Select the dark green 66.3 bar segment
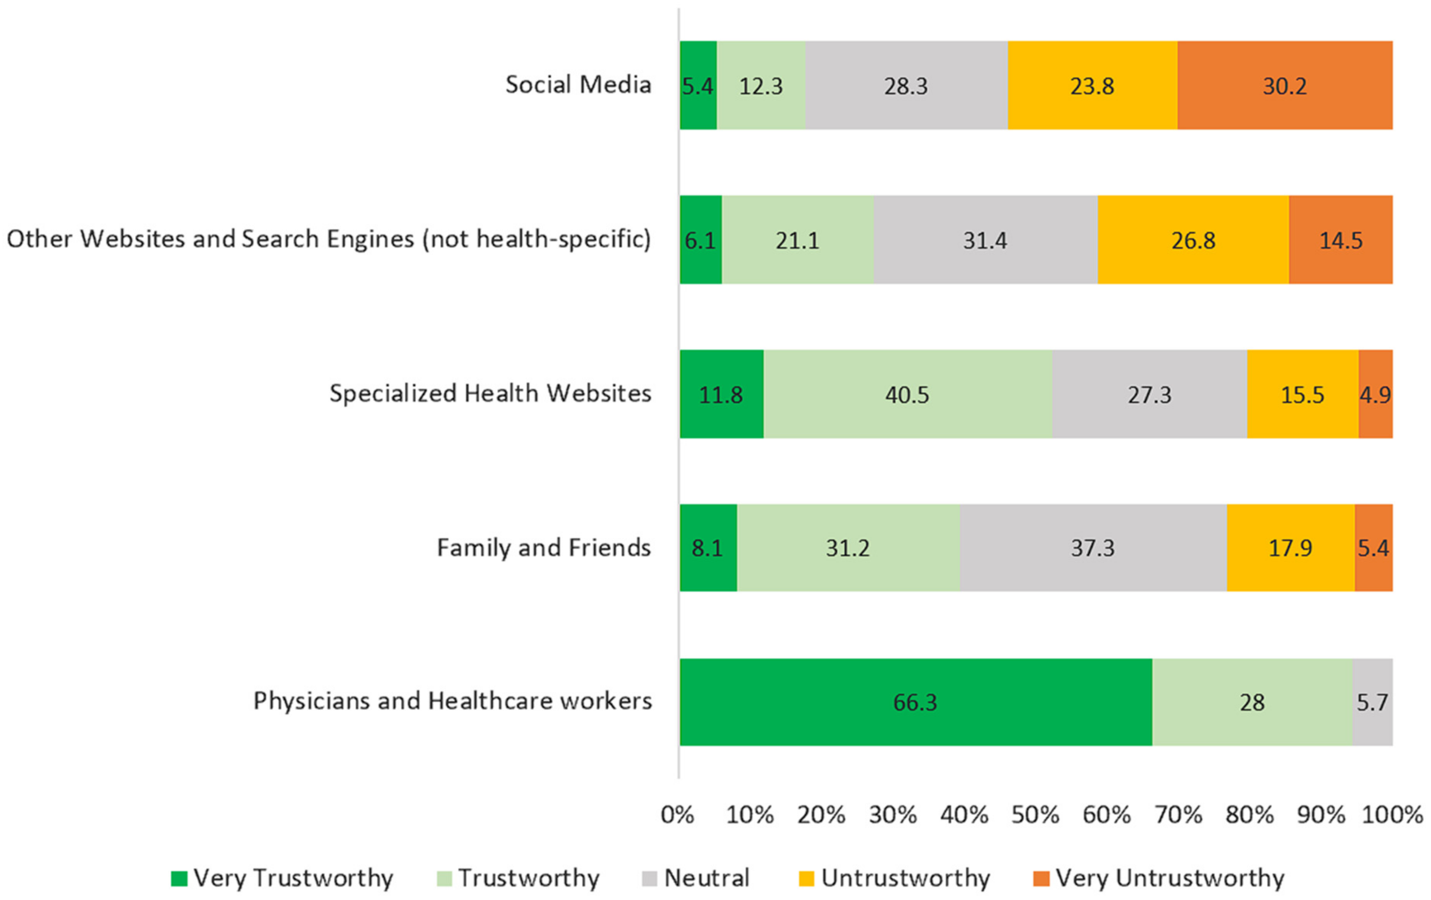point(915,702)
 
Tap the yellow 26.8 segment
point(1193,240)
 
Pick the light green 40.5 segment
point(907,394)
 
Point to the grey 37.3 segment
point(1092,548)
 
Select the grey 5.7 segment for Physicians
point(1372,702)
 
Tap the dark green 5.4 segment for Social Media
point(698,85)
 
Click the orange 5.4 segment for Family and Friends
point(1373,548)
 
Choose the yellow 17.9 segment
point(1290,548)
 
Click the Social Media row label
point(578,85)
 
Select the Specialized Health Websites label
point(490,393)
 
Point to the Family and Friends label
point(544,548)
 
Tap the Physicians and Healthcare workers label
point(452,701)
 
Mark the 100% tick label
point(1392,815)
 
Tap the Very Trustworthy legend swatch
point(179,878)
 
